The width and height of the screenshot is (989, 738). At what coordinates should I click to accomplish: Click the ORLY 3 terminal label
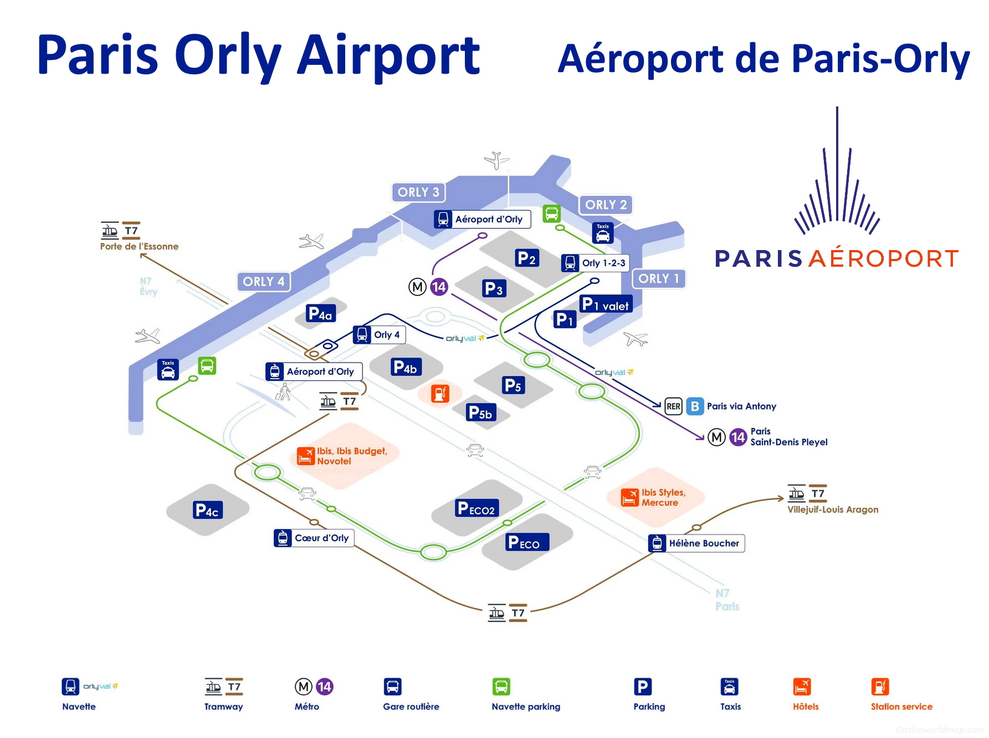418,192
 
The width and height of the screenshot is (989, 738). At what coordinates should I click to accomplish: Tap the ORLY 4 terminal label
264,282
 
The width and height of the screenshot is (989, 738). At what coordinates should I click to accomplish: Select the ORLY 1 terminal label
659,278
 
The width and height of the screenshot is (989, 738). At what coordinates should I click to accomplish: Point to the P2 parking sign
527,258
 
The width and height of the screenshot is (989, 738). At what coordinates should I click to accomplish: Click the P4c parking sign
208,510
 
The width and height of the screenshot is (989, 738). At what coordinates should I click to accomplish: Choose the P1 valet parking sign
606,304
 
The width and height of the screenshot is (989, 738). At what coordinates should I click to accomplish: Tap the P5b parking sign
480,413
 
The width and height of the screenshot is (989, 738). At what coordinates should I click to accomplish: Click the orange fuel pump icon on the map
440,394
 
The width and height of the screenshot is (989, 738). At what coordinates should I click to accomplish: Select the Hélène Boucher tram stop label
696,543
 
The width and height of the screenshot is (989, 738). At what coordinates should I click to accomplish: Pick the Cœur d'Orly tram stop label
314,538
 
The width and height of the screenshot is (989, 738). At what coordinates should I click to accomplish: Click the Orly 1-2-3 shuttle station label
595,263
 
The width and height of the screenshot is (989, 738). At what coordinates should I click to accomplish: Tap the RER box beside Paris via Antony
673,406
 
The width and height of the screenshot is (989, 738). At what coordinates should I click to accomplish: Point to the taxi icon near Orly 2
603,233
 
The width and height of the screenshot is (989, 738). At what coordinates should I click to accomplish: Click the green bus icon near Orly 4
207,366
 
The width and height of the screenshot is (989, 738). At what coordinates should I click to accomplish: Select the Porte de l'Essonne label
139,247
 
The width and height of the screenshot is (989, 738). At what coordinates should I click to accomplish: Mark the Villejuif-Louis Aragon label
833,510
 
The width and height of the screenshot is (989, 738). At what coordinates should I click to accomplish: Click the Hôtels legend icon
802,687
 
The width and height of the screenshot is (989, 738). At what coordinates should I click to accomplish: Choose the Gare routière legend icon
392,687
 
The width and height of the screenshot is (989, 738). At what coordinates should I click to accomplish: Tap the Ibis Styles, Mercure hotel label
663,497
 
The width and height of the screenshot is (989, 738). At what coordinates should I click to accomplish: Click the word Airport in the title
388,55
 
